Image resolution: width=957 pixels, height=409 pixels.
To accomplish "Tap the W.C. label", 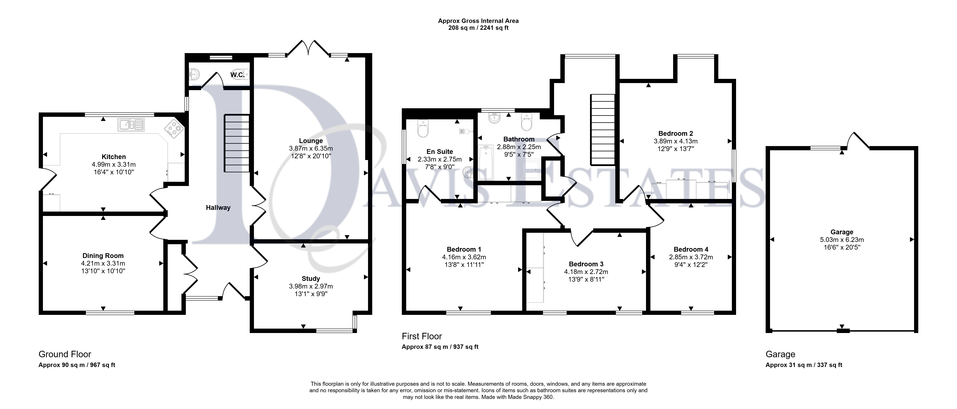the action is click(x=237, y=75).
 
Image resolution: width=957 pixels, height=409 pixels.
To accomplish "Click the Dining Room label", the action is click(x=103, y=256).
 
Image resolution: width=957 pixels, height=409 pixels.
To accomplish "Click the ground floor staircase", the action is click(x=236, y=143).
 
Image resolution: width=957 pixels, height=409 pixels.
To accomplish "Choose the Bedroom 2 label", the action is click(x=675, y=133).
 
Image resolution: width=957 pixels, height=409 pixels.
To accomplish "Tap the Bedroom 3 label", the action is click(x=586, y=264).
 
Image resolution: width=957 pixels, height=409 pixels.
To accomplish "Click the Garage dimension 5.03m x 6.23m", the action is click(x=842, y=240).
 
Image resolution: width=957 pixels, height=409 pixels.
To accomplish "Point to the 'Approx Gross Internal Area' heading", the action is click(x=478, y=21).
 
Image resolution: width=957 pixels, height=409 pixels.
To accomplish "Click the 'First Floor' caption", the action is click(x=422, y=336).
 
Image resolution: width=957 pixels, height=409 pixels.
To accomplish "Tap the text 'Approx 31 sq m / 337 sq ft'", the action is click(x=804, y=365).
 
